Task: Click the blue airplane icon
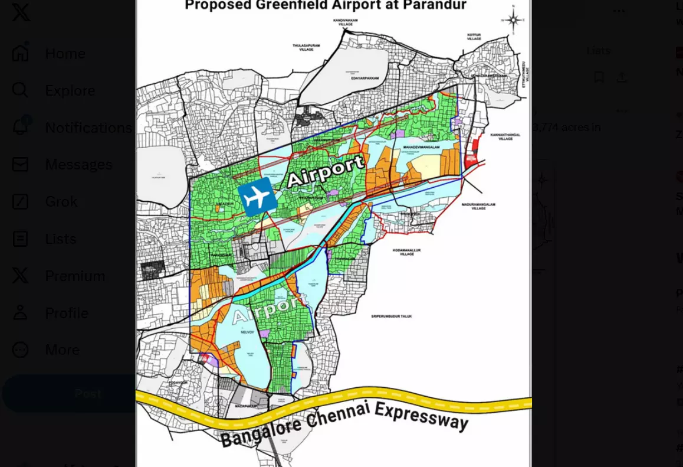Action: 257,197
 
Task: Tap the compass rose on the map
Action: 513,20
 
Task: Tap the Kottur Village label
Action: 474,38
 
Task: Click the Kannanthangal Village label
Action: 505,137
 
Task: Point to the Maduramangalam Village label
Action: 478,206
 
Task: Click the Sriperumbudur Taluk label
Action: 391,316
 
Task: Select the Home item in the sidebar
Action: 65,54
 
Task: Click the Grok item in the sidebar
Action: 61,202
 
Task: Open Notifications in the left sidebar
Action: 88,128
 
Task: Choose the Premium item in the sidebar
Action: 75,276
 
